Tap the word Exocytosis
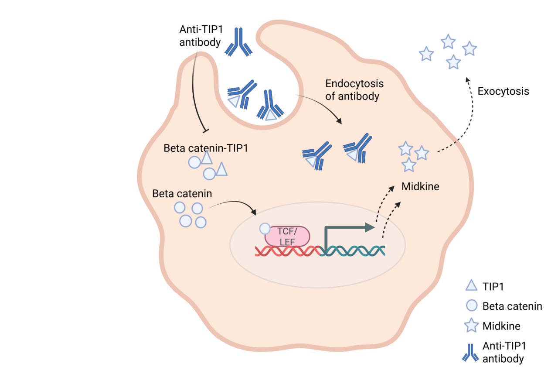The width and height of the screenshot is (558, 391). [x=503, y=91]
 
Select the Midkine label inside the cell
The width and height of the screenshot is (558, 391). [x=420, y=187]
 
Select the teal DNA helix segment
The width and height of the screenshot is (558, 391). [x=353, y=251]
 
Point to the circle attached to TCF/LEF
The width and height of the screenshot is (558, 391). [x=265, y=228]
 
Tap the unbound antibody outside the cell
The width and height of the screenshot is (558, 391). [x=238, y=42]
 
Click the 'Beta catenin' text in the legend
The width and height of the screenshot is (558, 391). [x=512, y=306]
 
